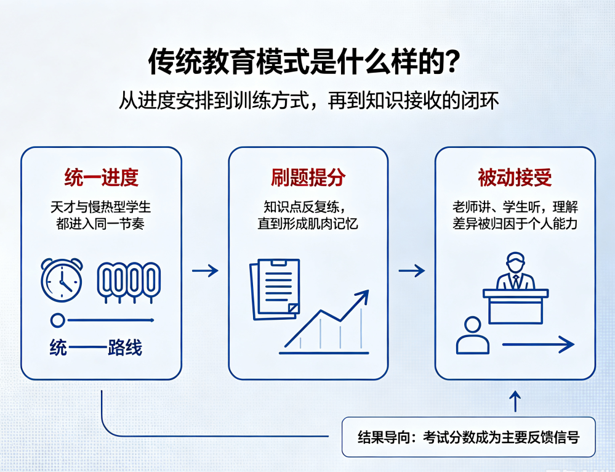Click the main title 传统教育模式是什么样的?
303,61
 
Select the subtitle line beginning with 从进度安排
308,100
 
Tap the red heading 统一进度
101,177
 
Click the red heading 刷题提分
308,177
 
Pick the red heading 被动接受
515,177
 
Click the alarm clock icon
62,280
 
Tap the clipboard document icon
275,289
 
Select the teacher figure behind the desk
515,271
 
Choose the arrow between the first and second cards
205,271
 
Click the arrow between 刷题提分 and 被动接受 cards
412,271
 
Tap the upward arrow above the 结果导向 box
515,401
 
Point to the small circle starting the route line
58,320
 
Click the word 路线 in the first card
125,348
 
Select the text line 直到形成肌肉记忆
308,224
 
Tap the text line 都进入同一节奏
100,224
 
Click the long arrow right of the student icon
538,344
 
